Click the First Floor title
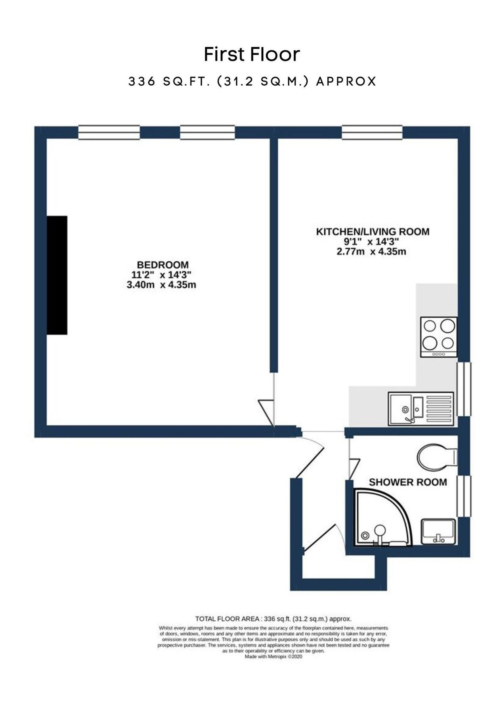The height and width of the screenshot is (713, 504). coord(252,55)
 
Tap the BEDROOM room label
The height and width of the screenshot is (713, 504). coord(162,265)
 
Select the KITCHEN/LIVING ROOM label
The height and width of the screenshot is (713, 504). coord(372,232)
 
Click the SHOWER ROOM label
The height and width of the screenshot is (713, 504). coord(407,482)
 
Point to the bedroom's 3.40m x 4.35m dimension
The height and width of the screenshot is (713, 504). coord(161,285)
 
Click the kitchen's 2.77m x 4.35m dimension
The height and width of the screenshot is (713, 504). coord(371,252)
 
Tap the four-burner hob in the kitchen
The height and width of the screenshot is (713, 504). coord(439,337)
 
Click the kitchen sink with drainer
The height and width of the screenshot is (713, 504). coord(420,409)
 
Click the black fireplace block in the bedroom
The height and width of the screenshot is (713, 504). coord(57,275)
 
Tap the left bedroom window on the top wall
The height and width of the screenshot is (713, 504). coord(109,132)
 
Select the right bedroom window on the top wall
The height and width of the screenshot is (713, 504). coord(207,132)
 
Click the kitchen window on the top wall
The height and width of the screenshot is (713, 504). coord(372,132)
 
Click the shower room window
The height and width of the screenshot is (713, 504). coord(464,496)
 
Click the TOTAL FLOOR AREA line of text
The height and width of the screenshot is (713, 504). coord(273,619)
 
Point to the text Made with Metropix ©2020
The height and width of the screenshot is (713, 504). coord(273,656)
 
